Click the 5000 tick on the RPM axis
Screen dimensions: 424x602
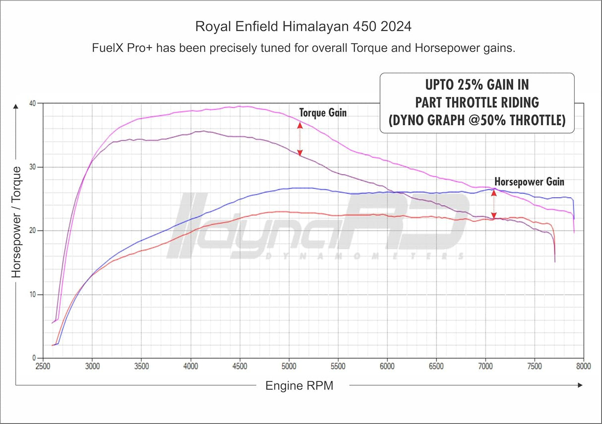pyautogui.click(x=289, y=367)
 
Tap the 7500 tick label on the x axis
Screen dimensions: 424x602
pyautogui.click(x=534, y=367)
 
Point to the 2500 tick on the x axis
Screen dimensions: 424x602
pyautogui.click(x=43, y=367)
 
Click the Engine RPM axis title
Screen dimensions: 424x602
pyautogui.click(x=299, y=386)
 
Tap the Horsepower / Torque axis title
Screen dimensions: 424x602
pyautogui.click(x=16, y=221)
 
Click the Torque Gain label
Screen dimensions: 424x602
pyautogui.click(x=323, y=112)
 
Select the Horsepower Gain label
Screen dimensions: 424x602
pyautogui.click(x=529, y=182)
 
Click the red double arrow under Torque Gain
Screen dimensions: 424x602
pyautogui.click(x=300, y=139)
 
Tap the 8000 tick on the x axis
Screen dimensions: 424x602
pyautogui.click(x=583, y=367)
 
